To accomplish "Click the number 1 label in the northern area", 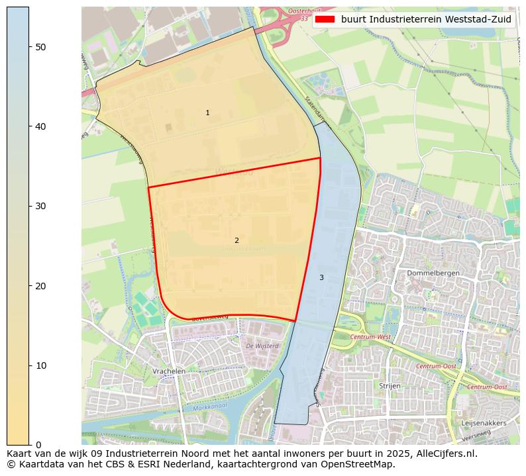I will pyautogui.click(x=207, y=113).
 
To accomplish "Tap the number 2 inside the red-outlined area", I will pyautogui.click(x=237, y=240).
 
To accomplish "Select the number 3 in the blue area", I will pyautogui.click(x=321, y=277).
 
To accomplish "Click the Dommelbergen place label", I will pyautogui.click(x=433, y=273).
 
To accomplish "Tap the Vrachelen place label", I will pyautogui.click(x=168, y=371).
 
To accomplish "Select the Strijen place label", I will pyautogui.click(x=390, y=385).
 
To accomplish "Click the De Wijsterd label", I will pyautogui.click(x=262, y=346).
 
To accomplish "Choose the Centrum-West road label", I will pyautogui.click(x=370, y=337).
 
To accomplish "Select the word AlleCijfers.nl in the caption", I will pyautogui.click(x=443, y=454).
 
